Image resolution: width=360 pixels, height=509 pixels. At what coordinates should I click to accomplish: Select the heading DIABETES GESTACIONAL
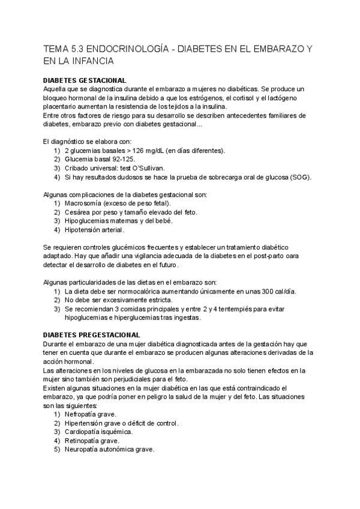85,80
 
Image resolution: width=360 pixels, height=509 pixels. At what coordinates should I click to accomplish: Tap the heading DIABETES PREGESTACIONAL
92,334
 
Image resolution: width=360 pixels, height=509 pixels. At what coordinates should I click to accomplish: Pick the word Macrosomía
85,203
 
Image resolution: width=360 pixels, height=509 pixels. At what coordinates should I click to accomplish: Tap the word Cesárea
79,212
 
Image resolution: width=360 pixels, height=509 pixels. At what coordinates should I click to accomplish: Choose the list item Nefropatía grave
91,414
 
